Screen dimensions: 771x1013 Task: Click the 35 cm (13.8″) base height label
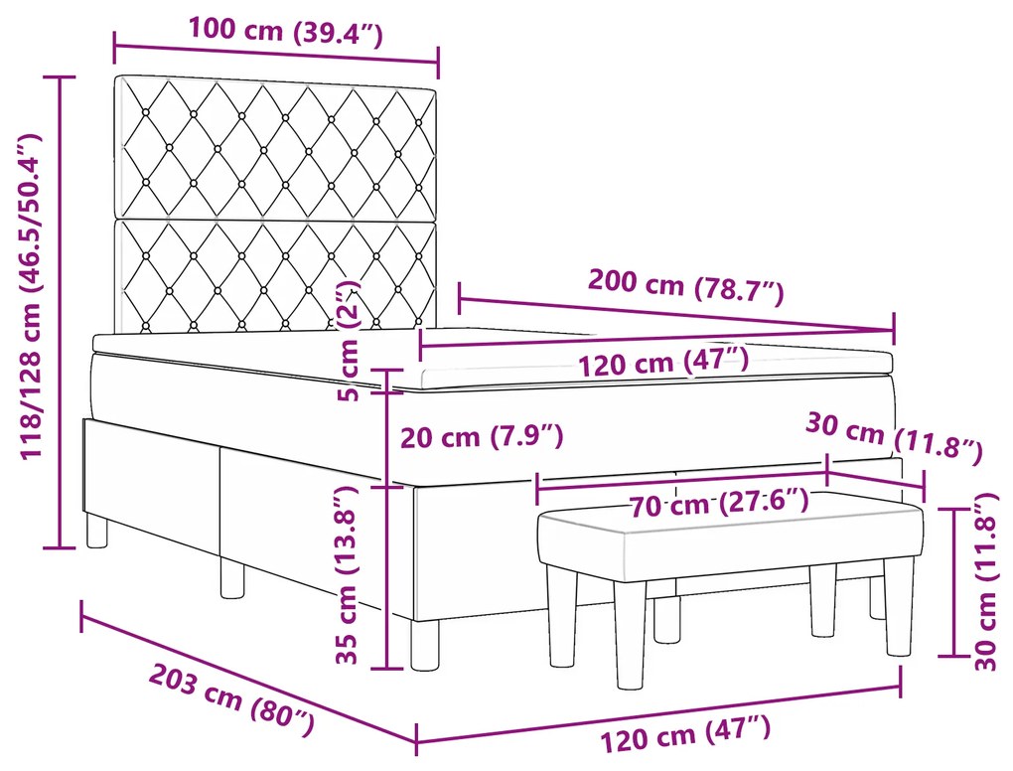click(x=346, y=575)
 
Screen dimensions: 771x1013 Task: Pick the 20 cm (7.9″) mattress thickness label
click(x=482, y=435)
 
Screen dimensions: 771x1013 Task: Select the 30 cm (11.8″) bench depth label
click(x=892, y=438)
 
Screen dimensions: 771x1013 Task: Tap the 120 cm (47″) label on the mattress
click(x=663, y=361)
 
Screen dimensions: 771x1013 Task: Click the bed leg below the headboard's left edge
click(x=96, y=531)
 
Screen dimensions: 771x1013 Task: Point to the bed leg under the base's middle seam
click(x=231, y=577)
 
